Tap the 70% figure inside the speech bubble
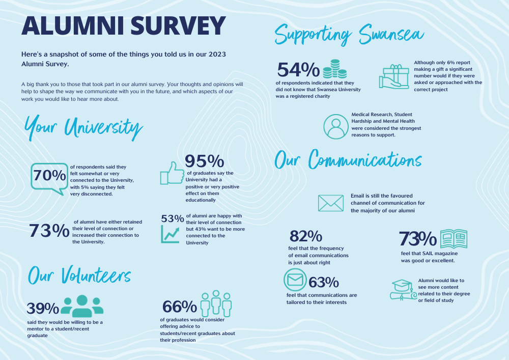[x=49, y=175]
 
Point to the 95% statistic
[x=205, y=161]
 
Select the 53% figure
[x=172, y=218]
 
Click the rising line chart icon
[x=172, y=234]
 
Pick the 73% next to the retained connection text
[x=49, y=231]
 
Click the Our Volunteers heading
[x=79, y=275]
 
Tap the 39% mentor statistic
[x=43, y=309]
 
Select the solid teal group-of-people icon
[x=82, y=304]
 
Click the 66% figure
[x=180, y=307]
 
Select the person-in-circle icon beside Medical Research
[x=336, y=126]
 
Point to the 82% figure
[x=305, y=236]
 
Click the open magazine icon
[x=453, y=238]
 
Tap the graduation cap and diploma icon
[x=403, y=290]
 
